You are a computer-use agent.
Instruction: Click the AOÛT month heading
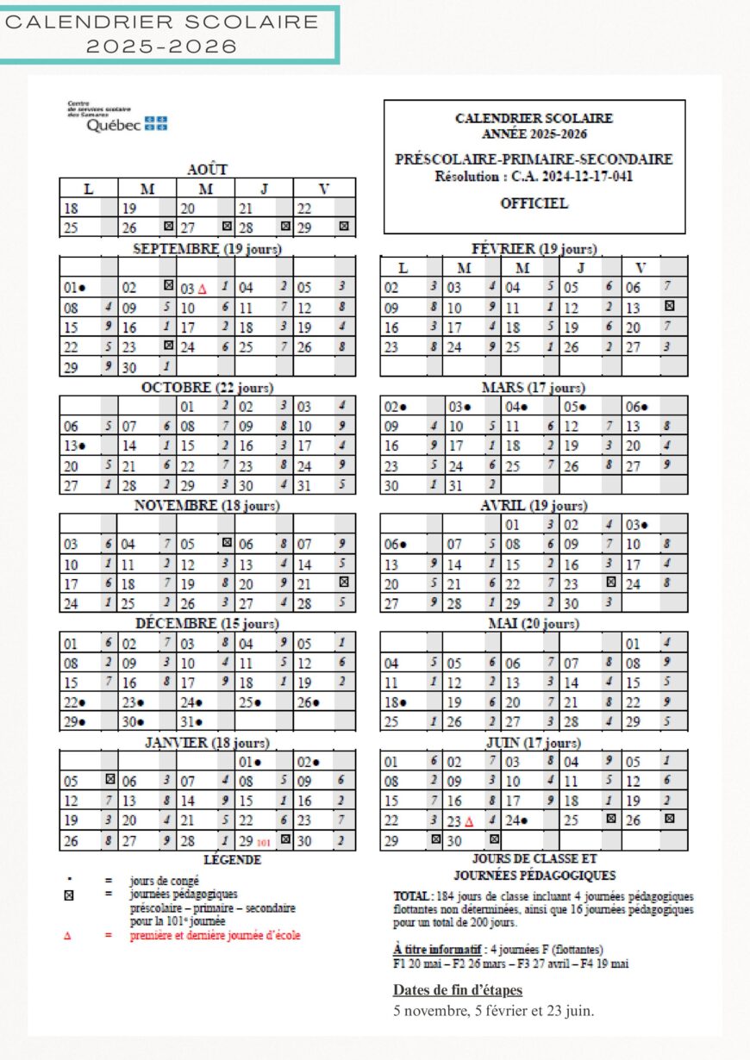[x=207, y=170]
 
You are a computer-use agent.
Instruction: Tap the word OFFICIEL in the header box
[x=534, y=204]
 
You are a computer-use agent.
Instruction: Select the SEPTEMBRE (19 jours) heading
[x=207, y=249]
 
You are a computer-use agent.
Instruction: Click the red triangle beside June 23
[x=469, y=821]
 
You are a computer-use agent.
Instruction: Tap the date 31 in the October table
[x=303, y=485]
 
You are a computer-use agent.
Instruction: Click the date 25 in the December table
[x=246, y=702]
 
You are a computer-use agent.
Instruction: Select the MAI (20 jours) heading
[x=534, y=623]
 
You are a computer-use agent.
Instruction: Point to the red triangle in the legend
[x=68, y=935]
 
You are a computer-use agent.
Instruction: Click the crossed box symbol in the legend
[x=69, y=895]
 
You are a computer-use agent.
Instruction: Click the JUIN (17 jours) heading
[x=534, y=742]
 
